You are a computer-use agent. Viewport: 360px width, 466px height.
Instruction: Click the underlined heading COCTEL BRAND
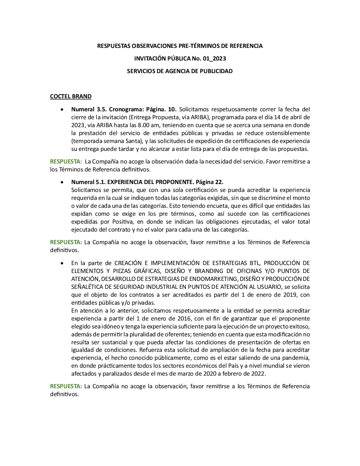pyautogui.click(x=71, y=97)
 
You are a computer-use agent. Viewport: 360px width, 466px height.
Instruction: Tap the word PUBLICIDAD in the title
pyautogui.click(x=216, y=71)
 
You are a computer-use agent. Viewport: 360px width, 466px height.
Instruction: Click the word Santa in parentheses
pyautogui.click(x=134, y=141)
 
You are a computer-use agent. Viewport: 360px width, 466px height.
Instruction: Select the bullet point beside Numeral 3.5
pyautogui.click(x=63, y=109)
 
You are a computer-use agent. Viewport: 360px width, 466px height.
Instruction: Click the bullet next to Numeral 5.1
pyautogui.click(x=63, y=182)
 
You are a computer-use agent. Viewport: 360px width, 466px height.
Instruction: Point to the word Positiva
pyautogui.click(x=122, y=221)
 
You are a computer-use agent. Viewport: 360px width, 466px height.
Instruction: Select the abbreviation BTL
pyautogui.click(x=255, y=263)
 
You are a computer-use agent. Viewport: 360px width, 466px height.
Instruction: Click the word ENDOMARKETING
pyautogui.click(x=211, y=279)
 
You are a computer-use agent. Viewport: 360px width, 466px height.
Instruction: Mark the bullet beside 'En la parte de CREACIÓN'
pyautogui.click(x=63, y=263)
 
